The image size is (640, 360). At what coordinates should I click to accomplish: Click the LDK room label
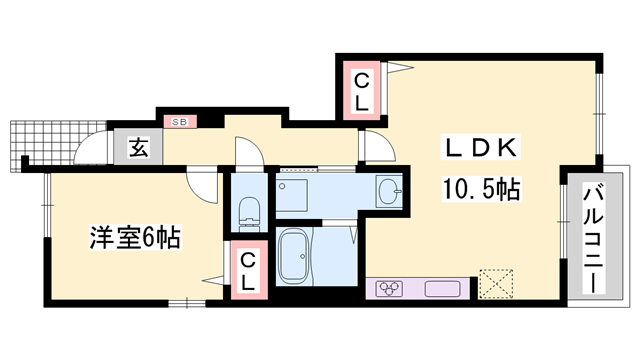pos(479,147)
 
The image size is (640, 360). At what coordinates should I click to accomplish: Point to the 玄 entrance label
pos(137,149)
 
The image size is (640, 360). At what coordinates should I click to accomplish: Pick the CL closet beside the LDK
pos(360,89)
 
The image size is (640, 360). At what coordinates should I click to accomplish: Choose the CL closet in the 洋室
pos(249,269)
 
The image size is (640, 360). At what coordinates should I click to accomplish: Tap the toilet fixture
pos(250,211)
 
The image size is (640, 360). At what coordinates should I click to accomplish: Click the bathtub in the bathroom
pos(297,255)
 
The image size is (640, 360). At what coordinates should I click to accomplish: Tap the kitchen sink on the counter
pos(442,290)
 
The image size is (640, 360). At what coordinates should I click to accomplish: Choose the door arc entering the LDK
pos(376,148)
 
